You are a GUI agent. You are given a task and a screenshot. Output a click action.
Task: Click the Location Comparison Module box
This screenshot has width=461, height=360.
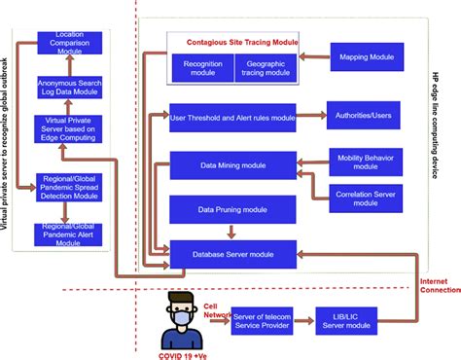coord(69,42)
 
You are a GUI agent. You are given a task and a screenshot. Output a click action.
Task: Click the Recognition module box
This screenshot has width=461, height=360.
coord(201,66)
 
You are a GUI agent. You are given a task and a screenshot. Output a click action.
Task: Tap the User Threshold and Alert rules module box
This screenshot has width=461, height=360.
coord(232,119)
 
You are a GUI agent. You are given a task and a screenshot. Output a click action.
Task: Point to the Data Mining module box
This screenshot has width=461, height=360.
coord(232,165)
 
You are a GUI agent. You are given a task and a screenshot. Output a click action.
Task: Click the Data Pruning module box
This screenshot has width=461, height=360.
coord(232,210)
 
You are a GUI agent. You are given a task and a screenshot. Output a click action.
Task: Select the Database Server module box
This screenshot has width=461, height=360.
coord(232,254)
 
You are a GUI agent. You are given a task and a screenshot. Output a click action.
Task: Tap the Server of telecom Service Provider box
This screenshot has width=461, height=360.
coord(264,322)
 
